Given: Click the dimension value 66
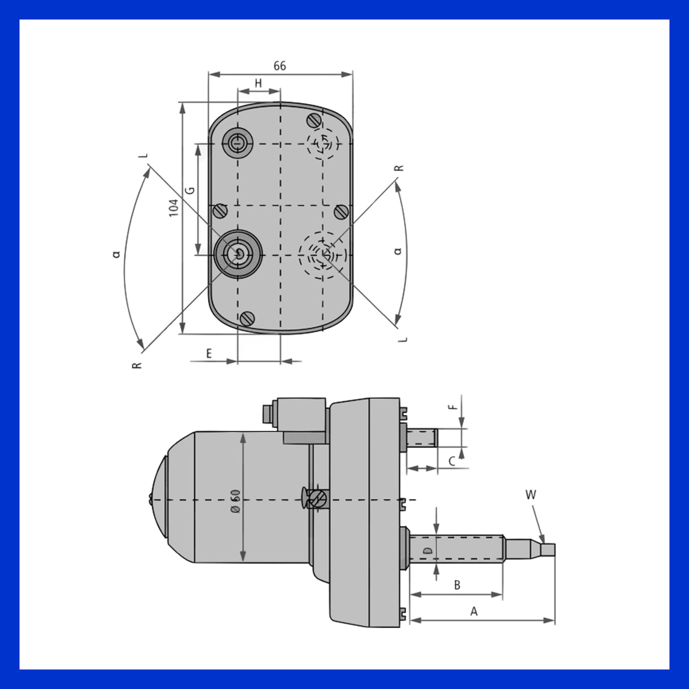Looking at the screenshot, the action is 280,66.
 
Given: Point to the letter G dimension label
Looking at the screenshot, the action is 191,190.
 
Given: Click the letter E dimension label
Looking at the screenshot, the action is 209,353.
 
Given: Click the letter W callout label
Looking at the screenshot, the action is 531,495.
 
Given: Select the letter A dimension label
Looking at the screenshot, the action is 474,611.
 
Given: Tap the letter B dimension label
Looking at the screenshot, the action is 457,585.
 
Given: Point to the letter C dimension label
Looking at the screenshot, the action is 452,462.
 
